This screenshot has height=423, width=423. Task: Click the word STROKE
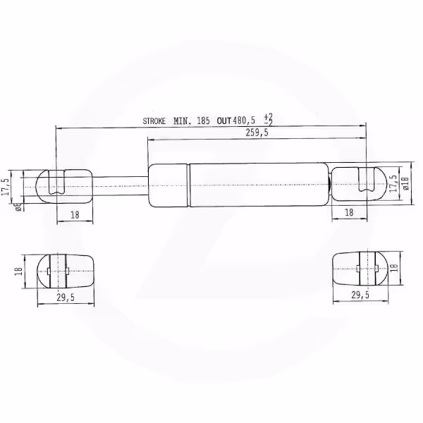(154, 121)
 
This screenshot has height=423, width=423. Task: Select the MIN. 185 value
(192, 121)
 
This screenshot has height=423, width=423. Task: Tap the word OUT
(224, 121)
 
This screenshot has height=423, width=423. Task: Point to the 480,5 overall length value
(244, 121)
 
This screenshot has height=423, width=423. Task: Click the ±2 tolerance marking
(269, 120)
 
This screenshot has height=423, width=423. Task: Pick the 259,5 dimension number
(257, 133)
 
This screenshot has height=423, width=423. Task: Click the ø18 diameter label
(406, 183)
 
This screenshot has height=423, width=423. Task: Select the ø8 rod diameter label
(18, 207)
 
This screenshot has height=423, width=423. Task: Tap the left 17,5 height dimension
(6, 187)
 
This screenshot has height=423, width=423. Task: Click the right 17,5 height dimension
(394, 183)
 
